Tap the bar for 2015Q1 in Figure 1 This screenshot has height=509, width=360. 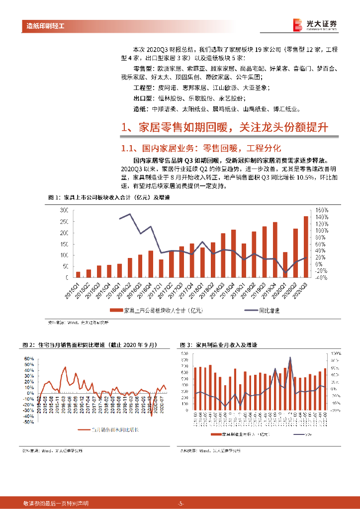78,274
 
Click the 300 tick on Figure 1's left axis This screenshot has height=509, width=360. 64,210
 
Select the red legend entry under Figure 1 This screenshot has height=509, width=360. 149,311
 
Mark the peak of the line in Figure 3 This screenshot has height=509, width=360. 290,358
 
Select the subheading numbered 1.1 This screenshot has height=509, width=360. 201,148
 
